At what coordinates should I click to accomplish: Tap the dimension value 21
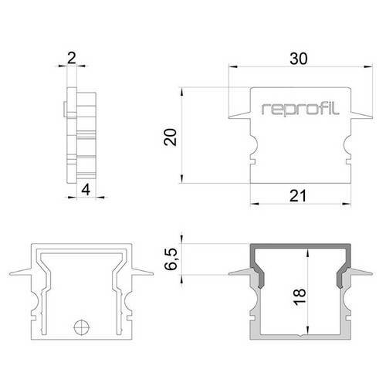point(300,196)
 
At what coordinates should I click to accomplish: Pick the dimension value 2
point(72,57)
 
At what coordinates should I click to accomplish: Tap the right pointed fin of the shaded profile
point(362,273)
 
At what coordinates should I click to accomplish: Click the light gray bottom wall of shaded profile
point(300,337)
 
